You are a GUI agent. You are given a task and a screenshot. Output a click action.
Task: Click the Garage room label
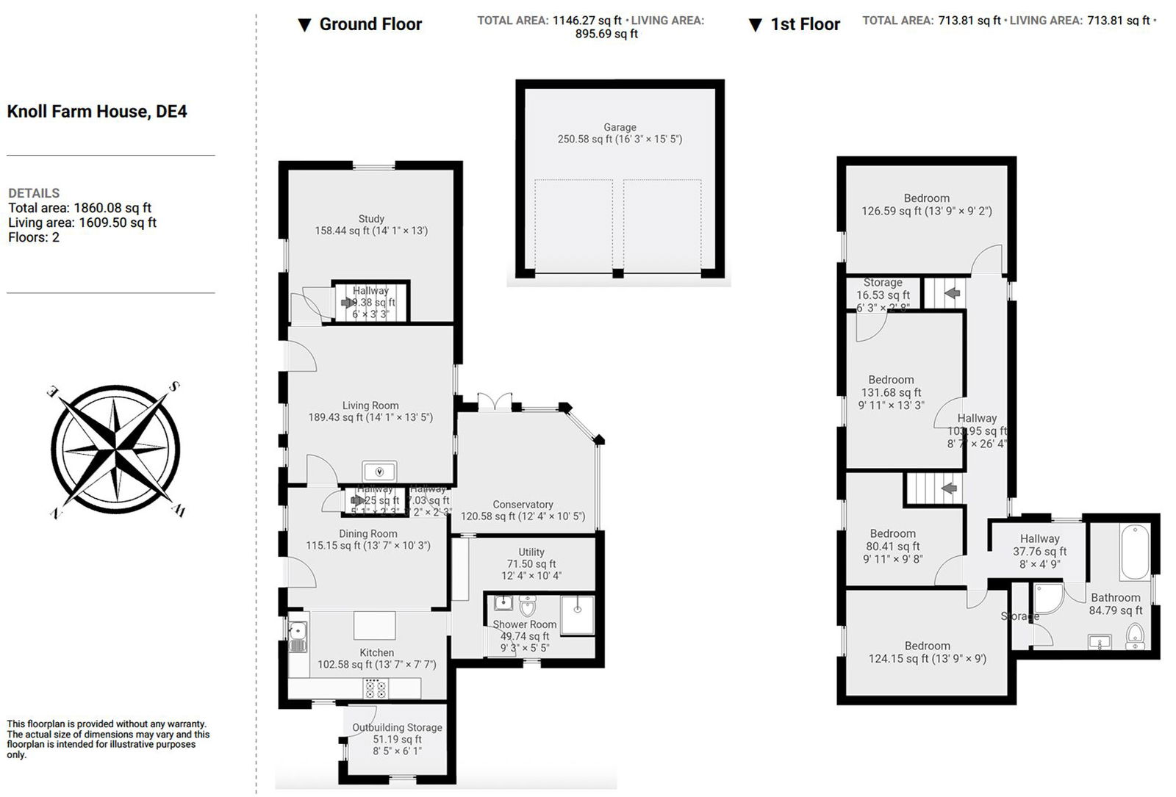pos(620,133)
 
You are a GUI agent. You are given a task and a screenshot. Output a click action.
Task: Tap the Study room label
pos(371,224)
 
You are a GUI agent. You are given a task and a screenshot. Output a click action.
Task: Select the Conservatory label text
pos(523,510)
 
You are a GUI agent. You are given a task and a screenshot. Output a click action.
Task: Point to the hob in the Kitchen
pos(376,688)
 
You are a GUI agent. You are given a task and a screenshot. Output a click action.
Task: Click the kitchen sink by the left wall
pos(298,636)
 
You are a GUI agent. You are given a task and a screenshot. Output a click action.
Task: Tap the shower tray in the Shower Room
pos(577,614)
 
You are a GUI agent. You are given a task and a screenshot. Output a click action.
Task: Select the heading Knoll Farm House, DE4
pos(97,112)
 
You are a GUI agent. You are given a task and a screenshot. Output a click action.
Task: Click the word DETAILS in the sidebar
pos(34,193)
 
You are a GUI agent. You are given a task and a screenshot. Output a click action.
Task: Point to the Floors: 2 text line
pos(34,237)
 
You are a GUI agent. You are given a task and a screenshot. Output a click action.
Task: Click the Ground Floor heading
pos(370,24)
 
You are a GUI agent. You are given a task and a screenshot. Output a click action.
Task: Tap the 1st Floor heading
pos(804,24)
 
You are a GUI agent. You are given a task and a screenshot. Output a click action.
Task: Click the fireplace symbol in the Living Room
pos(380,471)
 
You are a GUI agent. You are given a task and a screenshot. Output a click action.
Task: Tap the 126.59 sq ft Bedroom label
pos(926,204)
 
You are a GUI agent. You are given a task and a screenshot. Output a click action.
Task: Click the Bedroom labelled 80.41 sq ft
pos(892,546)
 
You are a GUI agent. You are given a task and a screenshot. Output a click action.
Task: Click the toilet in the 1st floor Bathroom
pos(1135,636)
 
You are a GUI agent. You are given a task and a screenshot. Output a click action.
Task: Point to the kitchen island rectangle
pos(375,625)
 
